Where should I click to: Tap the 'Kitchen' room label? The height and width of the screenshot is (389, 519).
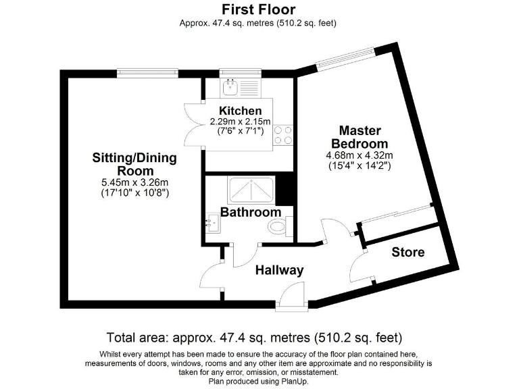tap(241, 111)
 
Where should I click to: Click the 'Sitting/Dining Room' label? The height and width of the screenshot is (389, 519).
tap(134, 164)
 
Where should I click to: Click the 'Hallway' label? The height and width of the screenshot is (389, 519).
tap(279, 271)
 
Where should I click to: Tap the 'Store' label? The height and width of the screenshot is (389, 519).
tap(408, 252)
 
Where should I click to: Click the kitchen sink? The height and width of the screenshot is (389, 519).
tap(230, 86)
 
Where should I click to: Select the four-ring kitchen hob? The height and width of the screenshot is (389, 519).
tap(282, 136)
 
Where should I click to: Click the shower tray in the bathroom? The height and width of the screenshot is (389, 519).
tap(251, 190)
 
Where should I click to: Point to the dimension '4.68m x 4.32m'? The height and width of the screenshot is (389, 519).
tap(359, 155)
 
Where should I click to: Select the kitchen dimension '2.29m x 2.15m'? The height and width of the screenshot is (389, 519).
tap(241, 122)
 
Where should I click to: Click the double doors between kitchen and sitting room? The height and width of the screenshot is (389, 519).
tap(195, 124)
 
